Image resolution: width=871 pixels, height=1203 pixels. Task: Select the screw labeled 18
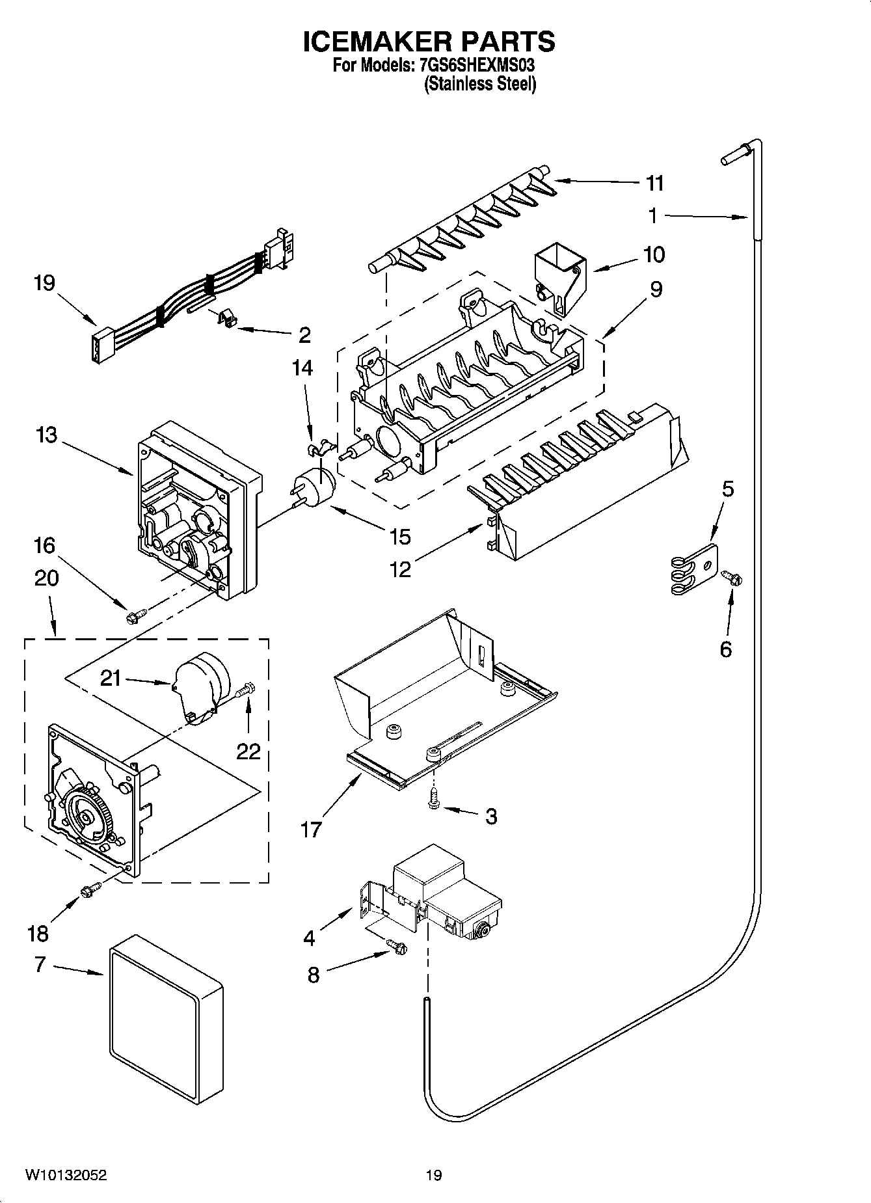click(89, 888)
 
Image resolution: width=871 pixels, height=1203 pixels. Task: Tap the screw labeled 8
click(395, 947)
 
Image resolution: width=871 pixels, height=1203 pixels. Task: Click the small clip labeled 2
click(226, 318)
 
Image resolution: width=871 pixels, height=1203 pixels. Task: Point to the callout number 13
click(47, 435)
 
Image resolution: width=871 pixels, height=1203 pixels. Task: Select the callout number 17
click(311, 830)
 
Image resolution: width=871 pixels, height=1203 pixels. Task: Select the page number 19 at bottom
click(433, 1175)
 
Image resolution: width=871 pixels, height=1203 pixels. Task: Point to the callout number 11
click(654, 183)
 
